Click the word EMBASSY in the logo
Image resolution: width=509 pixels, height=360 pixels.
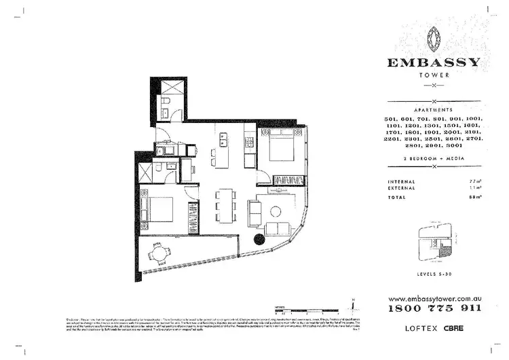[x=434, y=62]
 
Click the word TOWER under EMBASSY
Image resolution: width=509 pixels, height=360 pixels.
[x=434, y=76]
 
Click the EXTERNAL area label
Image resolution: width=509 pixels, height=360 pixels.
[x=402, y=190]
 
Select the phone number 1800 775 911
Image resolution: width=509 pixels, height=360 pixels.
[x=434, y=308]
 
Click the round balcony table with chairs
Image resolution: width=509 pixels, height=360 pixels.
[x=159, y=254]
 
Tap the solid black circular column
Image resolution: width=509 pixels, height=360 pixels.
[x=259, y=238]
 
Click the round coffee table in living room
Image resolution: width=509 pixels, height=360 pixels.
[x=275, y=210]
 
